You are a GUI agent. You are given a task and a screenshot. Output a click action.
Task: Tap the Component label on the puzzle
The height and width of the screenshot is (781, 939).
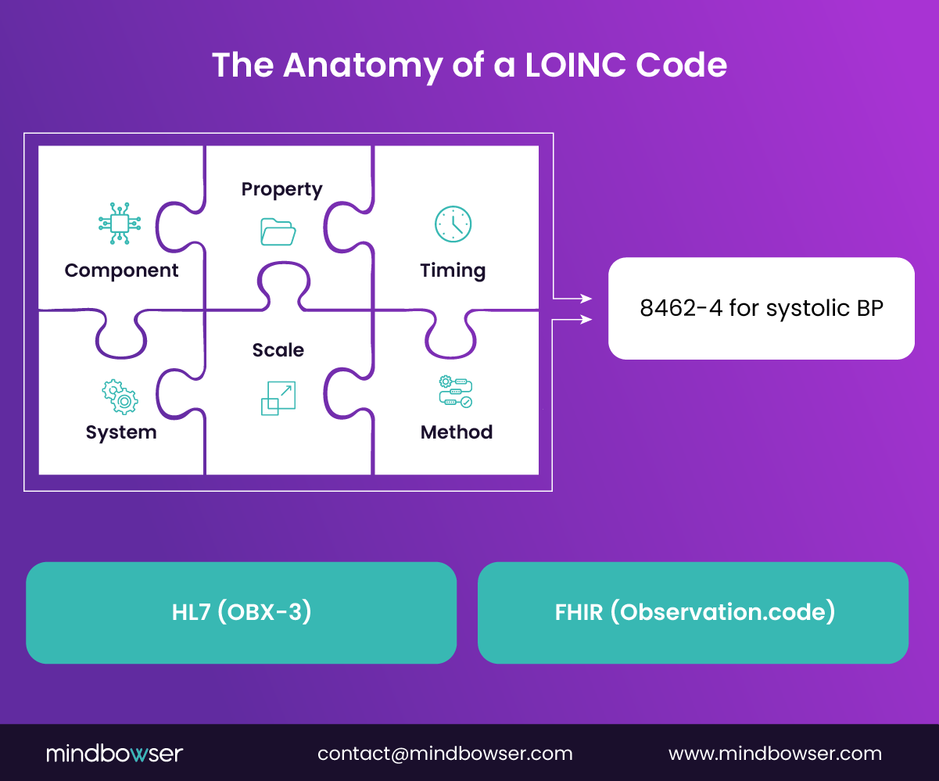coord(121,270)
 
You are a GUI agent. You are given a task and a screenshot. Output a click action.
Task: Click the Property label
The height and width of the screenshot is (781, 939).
coord(281,189)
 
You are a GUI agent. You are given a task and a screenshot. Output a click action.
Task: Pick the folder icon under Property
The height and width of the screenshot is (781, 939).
coord(278,231)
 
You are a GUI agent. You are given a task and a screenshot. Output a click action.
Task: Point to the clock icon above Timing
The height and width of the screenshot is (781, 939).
coord(453,224)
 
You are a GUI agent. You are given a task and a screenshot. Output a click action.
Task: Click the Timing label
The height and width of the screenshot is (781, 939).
coord(453,270)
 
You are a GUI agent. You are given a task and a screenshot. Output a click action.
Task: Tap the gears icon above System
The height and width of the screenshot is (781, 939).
coord(120,396)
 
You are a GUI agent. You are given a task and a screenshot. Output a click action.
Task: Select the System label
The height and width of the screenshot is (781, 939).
coord(121,432)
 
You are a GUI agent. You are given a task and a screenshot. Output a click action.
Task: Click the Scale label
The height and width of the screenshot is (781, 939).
coord(278,350)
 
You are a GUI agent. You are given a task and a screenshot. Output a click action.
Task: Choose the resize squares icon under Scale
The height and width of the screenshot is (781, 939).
coord(278,398)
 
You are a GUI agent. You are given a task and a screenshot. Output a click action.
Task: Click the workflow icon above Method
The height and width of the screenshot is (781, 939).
coord(456,392)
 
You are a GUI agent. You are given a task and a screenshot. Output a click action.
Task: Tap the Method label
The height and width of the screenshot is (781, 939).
coord(457,432)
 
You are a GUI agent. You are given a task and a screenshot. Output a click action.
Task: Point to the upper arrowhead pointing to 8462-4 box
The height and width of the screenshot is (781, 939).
coord(586,298)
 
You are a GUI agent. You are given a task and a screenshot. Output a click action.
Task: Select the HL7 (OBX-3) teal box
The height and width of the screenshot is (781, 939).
coord(241,613)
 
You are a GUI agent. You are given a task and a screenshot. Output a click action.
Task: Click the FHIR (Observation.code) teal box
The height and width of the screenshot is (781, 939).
coord(693,613)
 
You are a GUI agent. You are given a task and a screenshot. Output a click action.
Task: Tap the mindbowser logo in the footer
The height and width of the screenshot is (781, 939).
coord(114,754)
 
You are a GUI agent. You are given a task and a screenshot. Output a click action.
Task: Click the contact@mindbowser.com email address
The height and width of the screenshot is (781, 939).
coord(445,754)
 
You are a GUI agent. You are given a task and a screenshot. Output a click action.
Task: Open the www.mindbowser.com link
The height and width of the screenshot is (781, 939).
coord(775,754)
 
